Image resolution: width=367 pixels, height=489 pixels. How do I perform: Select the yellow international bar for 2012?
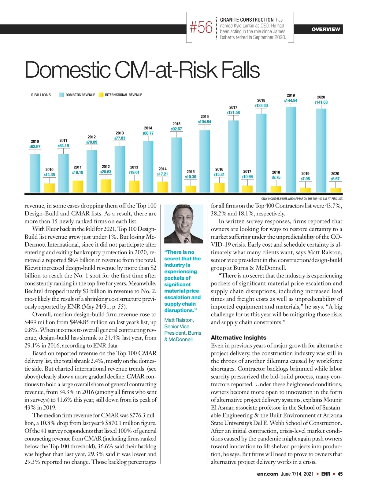(106, 186)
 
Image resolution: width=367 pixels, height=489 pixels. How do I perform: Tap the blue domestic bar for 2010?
(35, 173)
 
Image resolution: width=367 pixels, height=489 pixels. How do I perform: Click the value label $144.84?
(291, 101)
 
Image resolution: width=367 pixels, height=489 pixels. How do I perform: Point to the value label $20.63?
(106, 172)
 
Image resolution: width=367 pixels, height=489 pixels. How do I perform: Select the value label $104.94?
(205, 122)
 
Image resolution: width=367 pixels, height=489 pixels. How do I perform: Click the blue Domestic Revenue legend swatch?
(62, 95)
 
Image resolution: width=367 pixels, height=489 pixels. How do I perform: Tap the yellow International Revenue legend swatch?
(101, 95)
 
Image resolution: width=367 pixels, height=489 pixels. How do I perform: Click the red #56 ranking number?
(201, 28)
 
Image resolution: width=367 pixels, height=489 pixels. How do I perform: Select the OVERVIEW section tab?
(326, 29)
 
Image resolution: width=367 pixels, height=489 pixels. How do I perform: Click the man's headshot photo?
(183, 224)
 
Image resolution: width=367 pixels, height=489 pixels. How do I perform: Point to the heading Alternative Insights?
(239, 338)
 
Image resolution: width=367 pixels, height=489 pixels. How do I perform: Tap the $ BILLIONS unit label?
(41, 95)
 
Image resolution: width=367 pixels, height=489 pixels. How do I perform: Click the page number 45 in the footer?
(340, 474)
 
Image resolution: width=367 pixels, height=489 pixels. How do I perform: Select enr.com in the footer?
(267, 474)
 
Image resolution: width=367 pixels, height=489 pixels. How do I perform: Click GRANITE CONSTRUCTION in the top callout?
(247, 20)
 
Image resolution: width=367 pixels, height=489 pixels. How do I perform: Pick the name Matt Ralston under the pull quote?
(179, 320)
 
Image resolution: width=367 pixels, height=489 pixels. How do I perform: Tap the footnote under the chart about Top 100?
(302, 199)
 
